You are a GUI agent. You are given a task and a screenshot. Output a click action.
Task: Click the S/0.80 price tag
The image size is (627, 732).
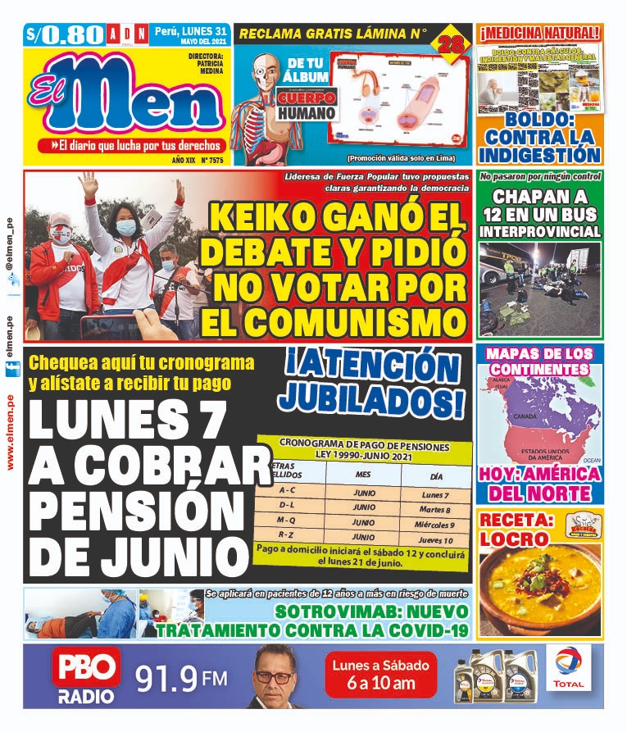(x=65, y=34)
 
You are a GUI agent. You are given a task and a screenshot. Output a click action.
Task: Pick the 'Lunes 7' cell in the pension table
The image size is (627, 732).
(x=435, y=496)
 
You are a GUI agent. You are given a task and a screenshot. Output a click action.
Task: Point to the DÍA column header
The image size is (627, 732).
(x=435, y=475)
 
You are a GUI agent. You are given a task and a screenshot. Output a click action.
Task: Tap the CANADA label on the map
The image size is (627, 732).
(x=524, y=417)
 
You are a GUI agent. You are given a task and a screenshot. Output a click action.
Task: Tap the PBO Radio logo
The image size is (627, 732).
(x=86, y=676)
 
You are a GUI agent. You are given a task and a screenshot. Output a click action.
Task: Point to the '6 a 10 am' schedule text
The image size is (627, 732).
(x=379, y=684)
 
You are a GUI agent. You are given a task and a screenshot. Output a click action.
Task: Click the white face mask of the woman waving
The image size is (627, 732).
(x=126, y=227)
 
